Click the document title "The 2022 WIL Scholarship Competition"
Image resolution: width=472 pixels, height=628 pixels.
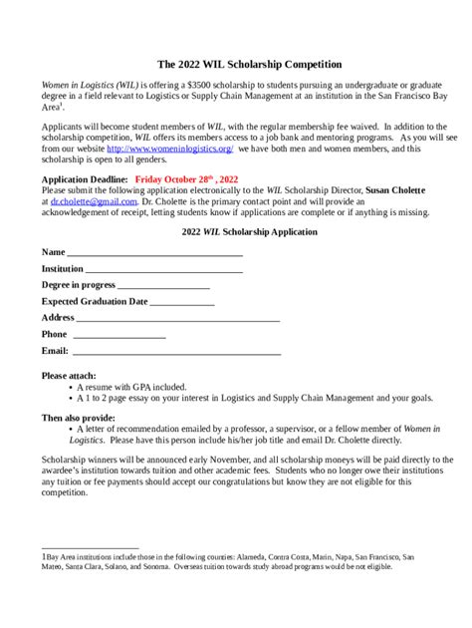[236, 64]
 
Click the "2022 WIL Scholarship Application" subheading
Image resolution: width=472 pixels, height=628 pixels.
[236, 231]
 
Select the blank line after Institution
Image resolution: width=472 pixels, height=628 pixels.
[164, 269]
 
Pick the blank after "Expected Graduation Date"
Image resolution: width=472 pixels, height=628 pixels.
[181, 301]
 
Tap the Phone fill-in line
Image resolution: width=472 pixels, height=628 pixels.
[118, 335]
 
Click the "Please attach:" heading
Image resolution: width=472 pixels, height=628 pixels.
[69, 376]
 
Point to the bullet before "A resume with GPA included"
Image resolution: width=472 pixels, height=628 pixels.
[68, 387]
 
